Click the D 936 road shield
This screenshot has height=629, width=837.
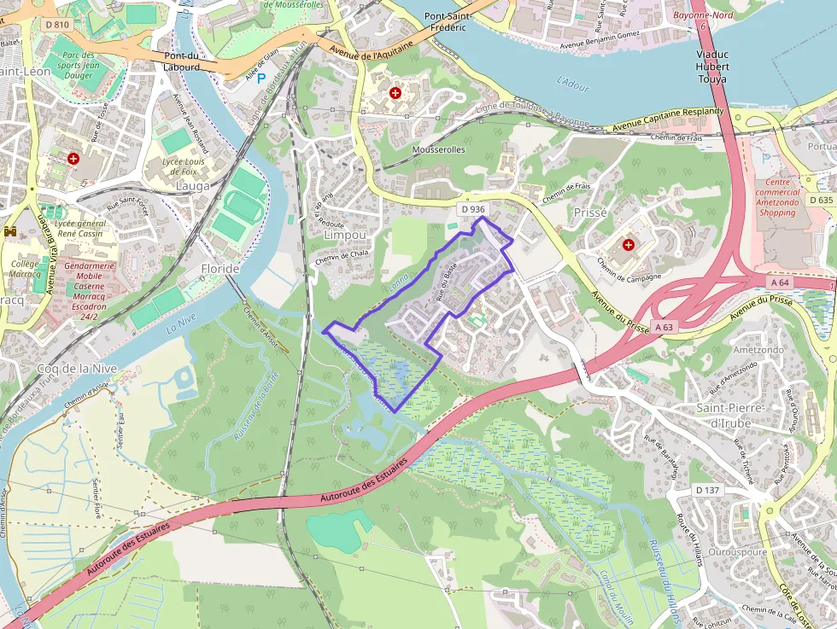(x=472, y=209)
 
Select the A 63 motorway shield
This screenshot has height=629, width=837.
(x=665, y=326)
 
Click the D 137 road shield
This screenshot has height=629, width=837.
(x=708, y=490)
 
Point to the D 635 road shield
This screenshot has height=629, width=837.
(x=820, y=200)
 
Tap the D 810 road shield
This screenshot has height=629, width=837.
(x=58, y=24)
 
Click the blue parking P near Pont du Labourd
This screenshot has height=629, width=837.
(x=261, y=78)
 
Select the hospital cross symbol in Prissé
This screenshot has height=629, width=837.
(x=629, y=245)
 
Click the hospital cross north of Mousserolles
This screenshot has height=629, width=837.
(x=395, y=92)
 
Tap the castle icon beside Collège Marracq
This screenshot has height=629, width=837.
(x=11, y=231)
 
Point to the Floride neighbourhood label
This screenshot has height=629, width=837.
(x=219, y=268)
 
